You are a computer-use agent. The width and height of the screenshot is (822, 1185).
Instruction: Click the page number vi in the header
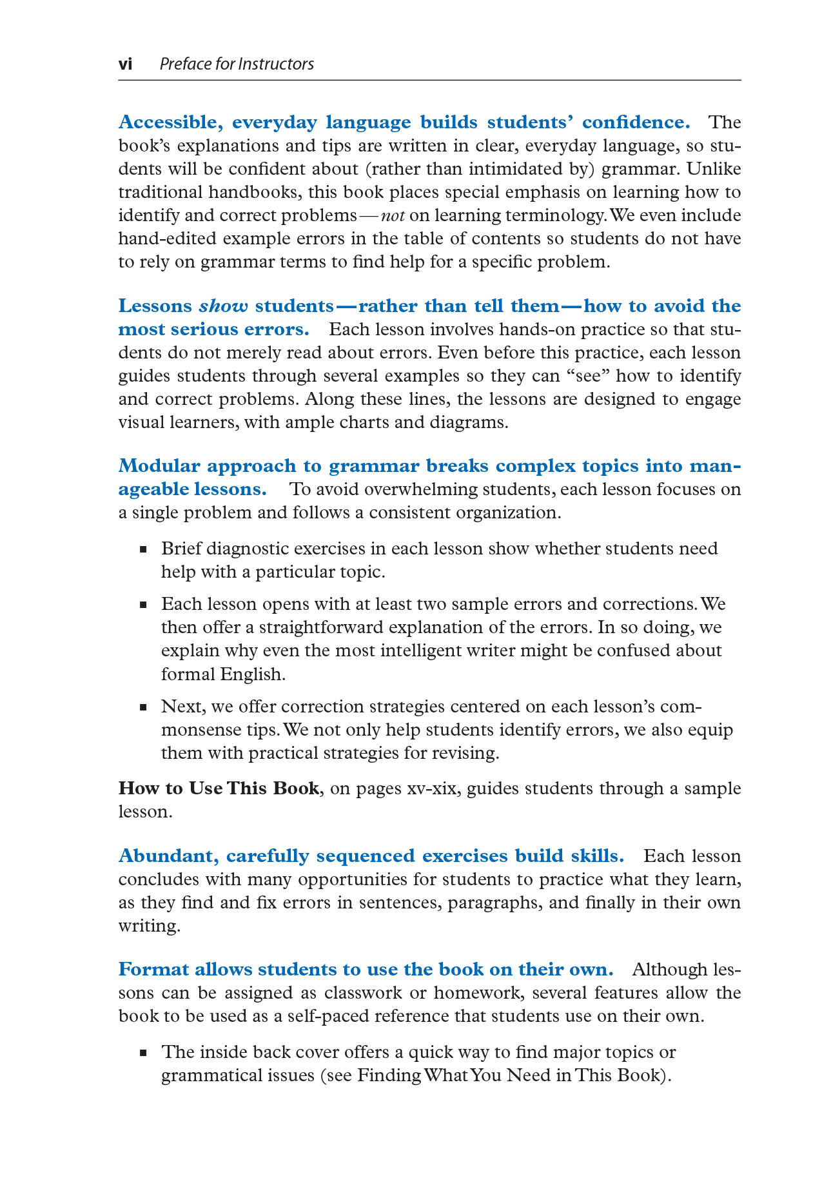point(126,64)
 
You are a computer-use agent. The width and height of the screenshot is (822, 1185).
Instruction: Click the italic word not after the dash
point(393,215)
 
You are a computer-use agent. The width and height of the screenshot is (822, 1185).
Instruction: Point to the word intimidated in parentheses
point(518,169)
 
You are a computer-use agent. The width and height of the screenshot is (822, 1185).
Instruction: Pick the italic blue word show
point(223,306)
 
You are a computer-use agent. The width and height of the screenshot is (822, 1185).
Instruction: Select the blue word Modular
point(159,466)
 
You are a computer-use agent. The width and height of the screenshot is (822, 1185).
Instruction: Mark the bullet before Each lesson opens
point(143,605)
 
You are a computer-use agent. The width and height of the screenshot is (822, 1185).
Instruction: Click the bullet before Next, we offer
point(143,707)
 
